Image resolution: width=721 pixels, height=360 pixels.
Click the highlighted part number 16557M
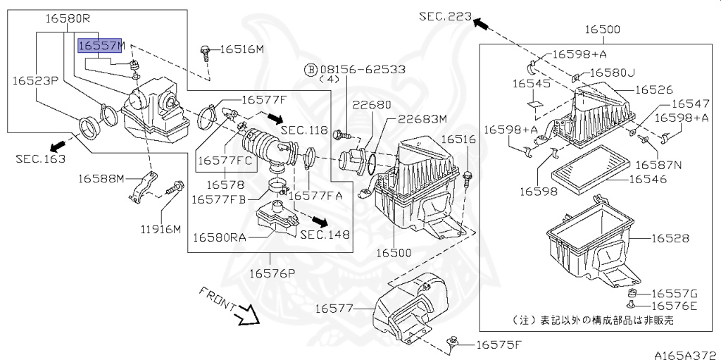(100, 45)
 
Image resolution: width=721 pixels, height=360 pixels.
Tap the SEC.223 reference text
(444, 15)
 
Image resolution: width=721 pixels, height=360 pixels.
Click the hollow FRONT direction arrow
(248, 314)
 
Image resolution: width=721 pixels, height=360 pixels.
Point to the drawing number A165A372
(684, 353)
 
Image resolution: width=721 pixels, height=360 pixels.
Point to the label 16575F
(499, 345)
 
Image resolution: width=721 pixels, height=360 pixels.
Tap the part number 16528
(670, 239)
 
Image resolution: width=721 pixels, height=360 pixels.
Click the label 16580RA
(219, 237)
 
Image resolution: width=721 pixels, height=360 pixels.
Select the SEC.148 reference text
(325, 235)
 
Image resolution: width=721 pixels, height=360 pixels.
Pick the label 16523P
(34, 80)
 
